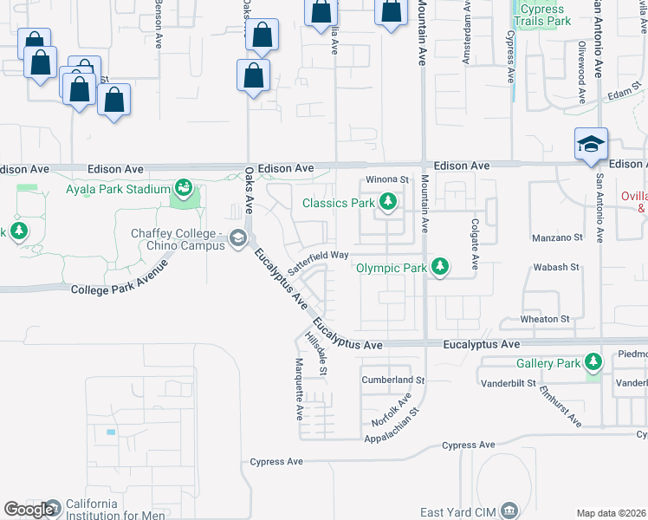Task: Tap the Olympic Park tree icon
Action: pos(440,267)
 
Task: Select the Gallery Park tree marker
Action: pos(593,362)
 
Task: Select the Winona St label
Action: pos(386,179)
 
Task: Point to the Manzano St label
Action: pos(555,237)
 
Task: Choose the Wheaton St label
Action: pos(545,320)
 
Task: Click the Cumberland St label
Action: pos(393,380)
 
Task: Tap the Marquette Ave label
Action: pos(299,389)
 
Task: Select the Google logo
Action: pos(29,510)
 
